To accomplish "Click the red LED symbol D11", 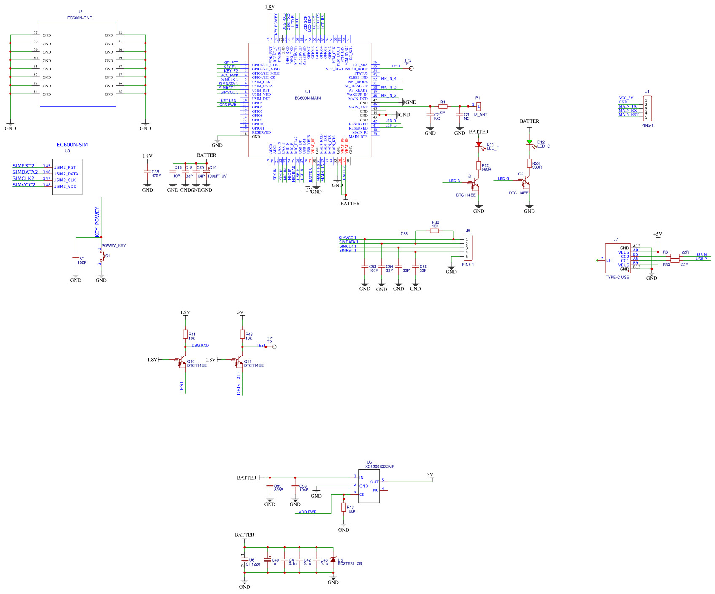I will click(x=478, y=144).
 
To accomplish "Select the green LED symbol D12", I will click(x=529, y=143).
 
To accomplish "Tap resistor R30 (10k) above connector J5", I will click(x=434, y=231).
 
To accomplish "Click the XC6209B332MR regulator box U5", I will click(x=369, y=486).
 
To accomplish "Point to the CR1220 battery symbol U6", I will click(x=244, y=561).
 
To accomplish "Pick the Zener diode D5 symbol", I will click(x=333, y=560).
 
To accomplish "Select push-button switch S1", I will click(x=101, y=256).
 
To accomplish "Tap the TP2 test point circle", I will click(x=411, y=68).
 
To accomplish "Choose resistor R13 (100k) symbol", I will click(x=343, y=508).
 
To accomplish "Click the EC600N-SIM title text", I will click(x=72, y=145).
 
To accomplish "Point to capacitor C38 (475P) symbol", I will click(x=147, y=172).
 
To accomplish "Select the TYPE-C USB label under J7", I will click(x=617, y=277).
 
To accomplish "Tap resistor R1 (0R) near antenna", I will click(x=442, y=107).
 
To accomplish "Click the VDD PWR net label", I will click(x=308, y=512).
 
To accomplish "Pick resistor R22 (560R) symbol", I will click(x=478, y=165).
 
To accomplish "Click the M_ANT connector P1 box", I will click(x=479, y=106).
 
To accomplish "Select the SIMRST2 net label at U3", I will click(x=24, y=166).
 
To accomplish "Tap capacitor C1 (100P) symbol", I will click(x=76, y=258).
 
